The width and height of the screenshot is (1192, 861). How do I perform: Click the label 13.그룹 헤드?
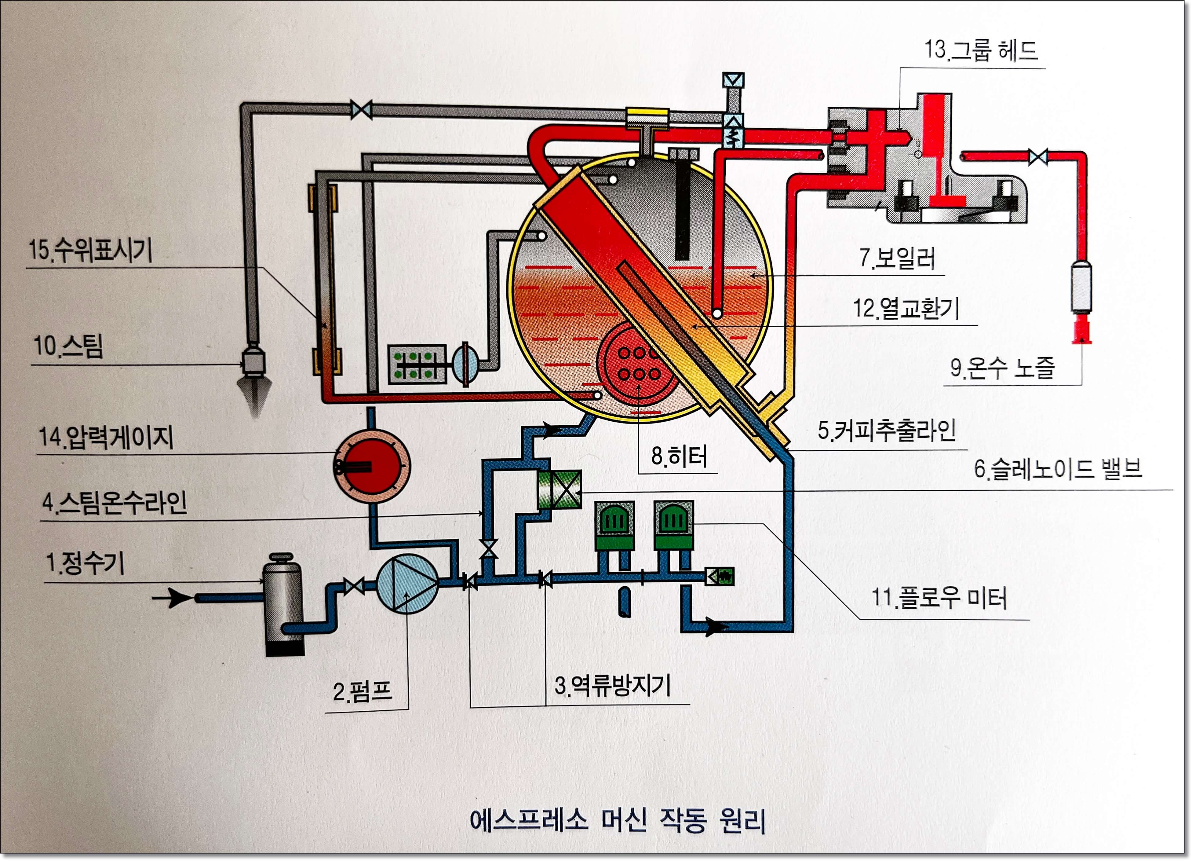[x=981, y=50]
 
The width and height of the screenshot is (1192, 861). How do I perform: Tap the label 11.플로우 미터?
[x=939, y=598]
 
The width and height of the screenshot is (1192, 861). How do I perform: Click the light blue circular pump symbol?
[x=407, y=584]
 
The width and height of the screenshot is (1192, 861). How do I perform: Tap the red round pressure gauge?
[x=372, y=466]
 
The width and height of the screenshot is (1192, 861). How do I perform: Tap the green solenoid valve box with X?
[x=560, y=489]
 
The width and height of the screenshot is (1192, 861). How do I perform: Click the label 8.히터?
[x=679, y=456]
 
